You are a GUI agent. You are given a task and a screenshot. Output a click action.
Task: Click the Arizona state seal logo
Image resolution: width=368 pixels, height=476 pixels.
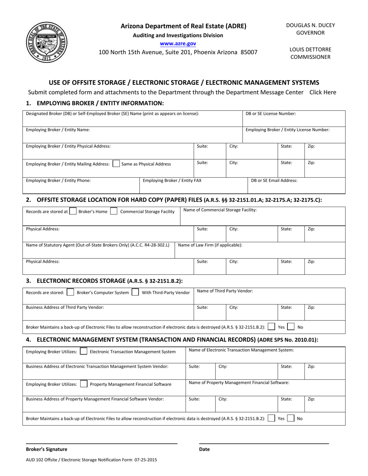tap(47, 42)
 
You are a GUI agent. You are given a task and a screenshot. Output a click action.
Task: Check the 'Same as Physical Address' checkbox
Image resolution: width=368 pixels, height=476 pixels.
tap(116, 164)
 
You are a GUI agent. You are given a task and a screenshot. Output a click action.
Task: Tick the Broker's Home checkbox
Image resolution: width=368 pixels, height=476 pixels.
tap(72, 211)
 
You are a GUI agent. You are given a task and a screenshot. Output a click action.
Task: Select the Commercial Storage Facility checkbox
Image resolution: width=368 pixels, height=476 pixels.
tap(113, 211)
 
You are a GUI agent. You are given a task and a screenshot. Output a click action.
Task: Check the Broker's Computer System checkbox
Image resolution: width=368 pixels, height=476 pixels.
tap(71, 293)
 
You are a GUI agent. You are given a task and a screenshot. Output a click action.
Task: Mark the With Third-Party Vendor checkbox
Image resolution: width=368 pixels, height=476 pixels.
tap(136, 293)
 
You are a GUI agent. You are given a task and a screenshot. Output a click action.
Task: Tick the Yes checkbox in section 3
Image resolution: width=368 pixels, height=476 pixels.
tap(272, 327)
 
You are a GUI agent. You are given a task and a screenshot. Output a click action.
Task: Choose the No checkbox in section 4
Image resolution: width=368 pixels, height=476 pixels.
tap(291, 418)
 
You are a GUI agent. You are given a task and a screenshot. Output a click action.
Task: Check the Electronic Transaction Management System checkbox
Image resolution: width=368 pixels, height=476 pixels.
tap(83, 352)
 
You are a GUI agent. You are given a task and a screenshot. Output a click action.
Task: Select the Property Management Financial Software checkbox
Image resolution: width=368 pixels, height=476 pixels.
tap(83, 384)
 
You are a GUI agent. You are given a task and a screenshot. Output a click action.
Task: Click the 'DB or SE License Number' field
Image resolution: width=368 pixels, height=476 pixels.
tap(294, 118)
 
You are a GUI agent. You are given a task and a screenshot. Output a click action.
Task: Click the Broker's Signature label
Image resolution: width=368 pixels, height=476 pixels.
tap(46, 449)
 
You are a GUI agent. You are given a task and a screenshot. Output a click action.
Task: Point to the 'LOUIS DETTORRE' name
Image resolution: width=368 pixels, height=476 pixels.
tap(310, 50)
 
